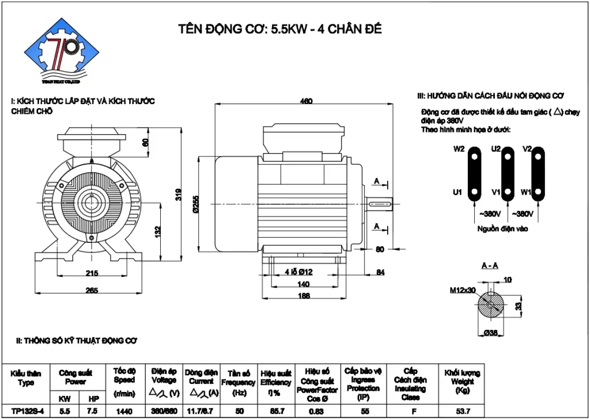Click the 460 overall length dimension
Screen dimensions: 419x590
click(x=306, y=102)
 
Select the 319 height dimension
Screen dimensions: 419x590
click(x=179, y=195)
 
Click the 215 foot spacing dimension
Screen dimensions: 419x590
click(x=92, y=273)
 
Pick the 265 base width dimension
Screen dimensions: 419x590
click(x=92, y=291)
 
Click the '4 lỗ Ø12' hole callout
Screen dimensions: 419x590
click(x=298, y=272)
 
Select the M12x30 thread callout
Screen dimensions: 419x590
click(x=463, y=290)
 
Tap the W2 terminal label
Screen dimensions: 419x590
click(x=459, y=148)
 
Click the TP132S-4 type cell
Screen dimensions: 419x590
click(x=25, y=410)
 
